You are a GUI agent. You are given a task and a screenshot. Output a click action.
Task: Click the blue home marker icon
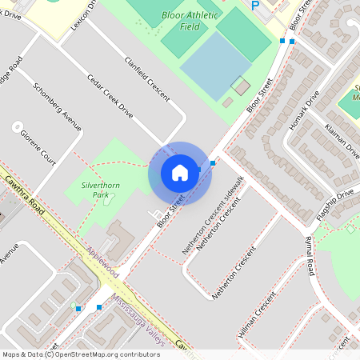(x=180, y=172)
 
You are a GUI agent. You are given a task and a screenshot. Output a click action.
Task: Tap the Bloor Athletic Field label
(x=189, y=21)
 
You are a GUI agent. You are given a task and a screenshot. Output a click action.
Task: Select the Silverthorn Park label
(x=101, y=189)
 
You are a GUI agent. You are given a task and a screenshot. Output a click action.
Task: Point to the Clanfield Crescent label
(x=147, y=78)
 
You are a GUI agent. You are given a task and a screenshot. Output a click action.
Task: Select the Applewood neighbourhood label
(x=102, y=262)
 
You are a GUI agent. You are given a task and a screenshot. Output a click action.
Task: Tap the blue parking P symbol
(x=256, y=6)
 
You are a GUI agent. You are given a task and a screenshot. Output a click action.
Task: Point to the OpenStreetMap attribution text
(x=80, y=354)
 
